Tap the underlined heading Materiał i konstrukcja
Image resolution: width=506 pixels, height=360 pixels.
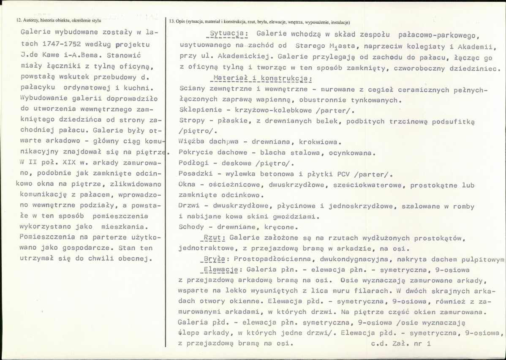pos(260,78)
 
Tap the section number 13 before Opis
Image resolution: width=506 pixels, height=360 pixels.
pos(171,22)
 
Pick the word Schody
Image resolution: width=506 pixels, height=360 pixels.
pos(190,226)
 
